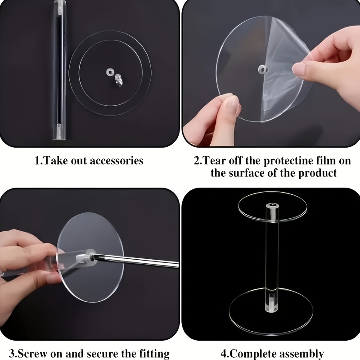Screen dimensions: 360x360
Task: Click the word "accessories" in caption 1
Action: click(x=117, y=161)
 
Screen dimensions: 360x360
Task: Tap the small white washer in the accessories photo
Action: click(x=109, y=72)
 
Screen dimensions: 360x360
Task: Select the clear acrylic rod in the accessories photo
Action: click(x=59, y=70)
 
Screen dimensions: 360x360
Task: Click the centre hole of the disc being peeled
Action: click(x=261, y=69)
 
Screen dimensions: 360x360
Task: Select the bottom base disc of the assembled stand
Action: click(x=271, y=306)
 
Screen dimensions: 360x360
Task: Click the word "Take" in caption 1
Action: click(x=55, y=161)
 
